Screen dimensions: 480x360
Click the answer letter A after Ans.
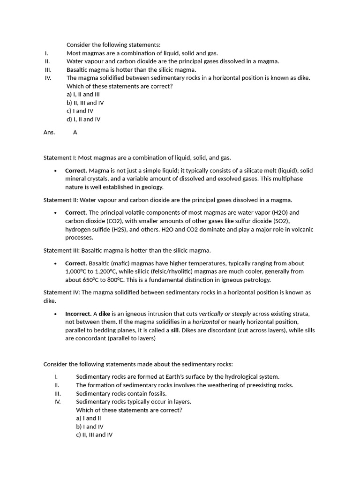(75, 132)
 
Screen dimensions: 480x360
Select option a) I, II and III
(83, 94)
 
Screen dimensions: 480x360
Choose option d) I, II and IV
(83, 120)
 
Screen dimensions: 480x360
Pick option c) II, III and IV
(94, 435)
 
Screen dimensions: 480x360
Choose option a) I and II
(89, 418)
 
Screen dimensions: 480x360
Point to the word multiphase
(288, 179)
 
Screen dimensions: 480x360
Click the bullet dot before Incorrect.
(56, 314)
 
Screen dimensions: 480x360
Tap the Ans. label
(49, 132)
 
